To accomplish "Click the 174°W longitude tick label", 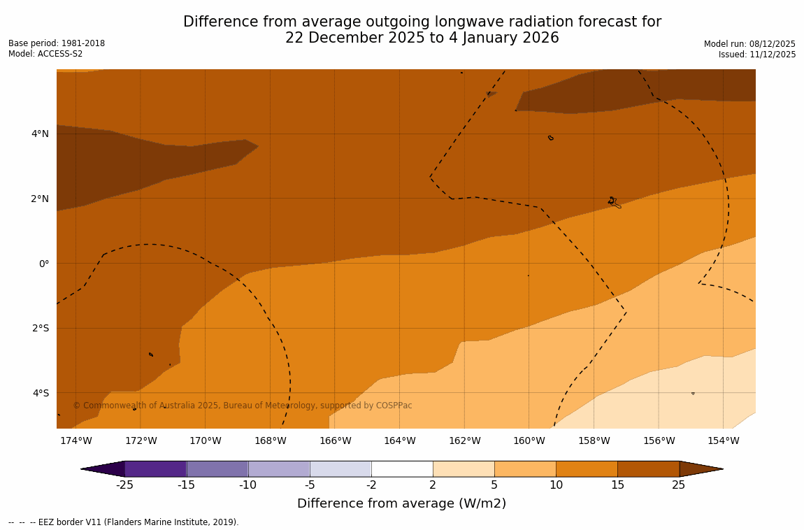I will click(x=76, y=441).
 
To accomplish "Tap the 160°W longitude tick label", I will click(x=529, y=441).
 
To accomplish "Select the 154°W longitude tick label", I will click(x=723, y=441).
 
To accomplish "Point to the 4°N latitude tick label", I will click(x=40, y=134).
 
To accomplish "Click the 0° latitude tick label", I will click(x=44, y=264).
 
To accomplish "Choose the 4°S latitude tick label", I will click(x=41, y=393).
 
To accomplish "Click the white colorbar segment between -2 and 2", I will click(x=402, y=468).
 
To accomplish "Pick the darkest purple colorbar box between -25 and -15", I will click(x=155, y=468).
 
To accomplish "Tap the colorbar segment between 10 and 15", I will click(x=587, y=468).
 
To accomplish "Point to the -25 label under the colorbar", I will click(x=124, y=485).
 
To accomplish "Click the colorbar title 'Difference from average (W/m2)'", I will click(x=401, y=503).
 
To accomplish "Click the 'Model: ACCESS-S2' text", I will click(x=45, y=54).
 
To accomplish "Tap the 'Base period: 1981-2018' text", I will click(x=57, y=43).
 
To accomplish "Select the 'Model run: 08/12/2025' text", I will click(x=749, y=43).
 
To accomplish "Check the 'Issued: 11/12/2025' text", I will click(x=756, y=55).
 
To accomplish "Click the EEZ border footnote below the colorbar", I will click(x=124, y=522).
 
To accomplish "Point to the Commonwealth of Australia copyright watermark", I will click(x=243, y=406).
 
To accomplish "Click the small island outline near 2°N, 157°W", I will click(x=614, y=202).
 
